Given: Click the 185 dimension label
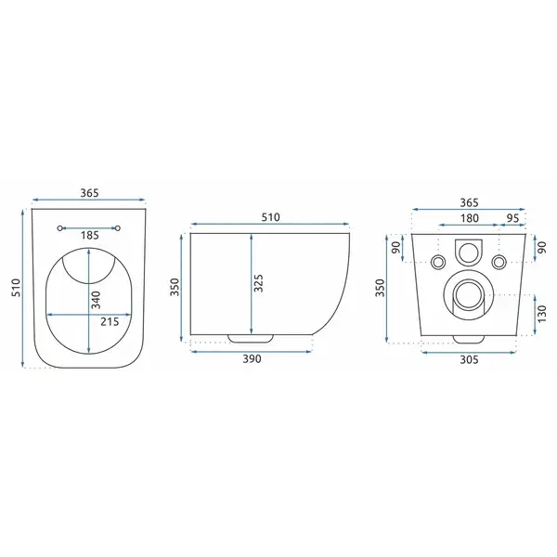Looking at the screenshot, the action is [89, 235].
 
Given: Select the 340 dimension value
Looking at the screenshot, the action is [96, 300].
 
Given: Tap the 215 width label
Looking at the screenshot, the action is [110, 322].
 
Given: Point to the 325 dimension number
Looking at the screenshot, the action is [259, 283].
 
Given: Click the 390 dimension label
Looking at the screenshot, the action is [252, 358].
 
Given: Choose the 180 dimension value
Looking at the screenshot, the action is [470, 218].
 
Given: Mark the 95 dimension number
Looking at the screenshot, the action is [512, 218].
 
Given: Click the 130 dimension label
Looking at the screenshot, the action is [542, 314].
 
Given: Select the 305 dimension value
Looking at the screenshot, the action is [469, 360].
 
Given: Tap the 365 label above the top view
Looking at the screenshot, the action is [89, 193].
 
